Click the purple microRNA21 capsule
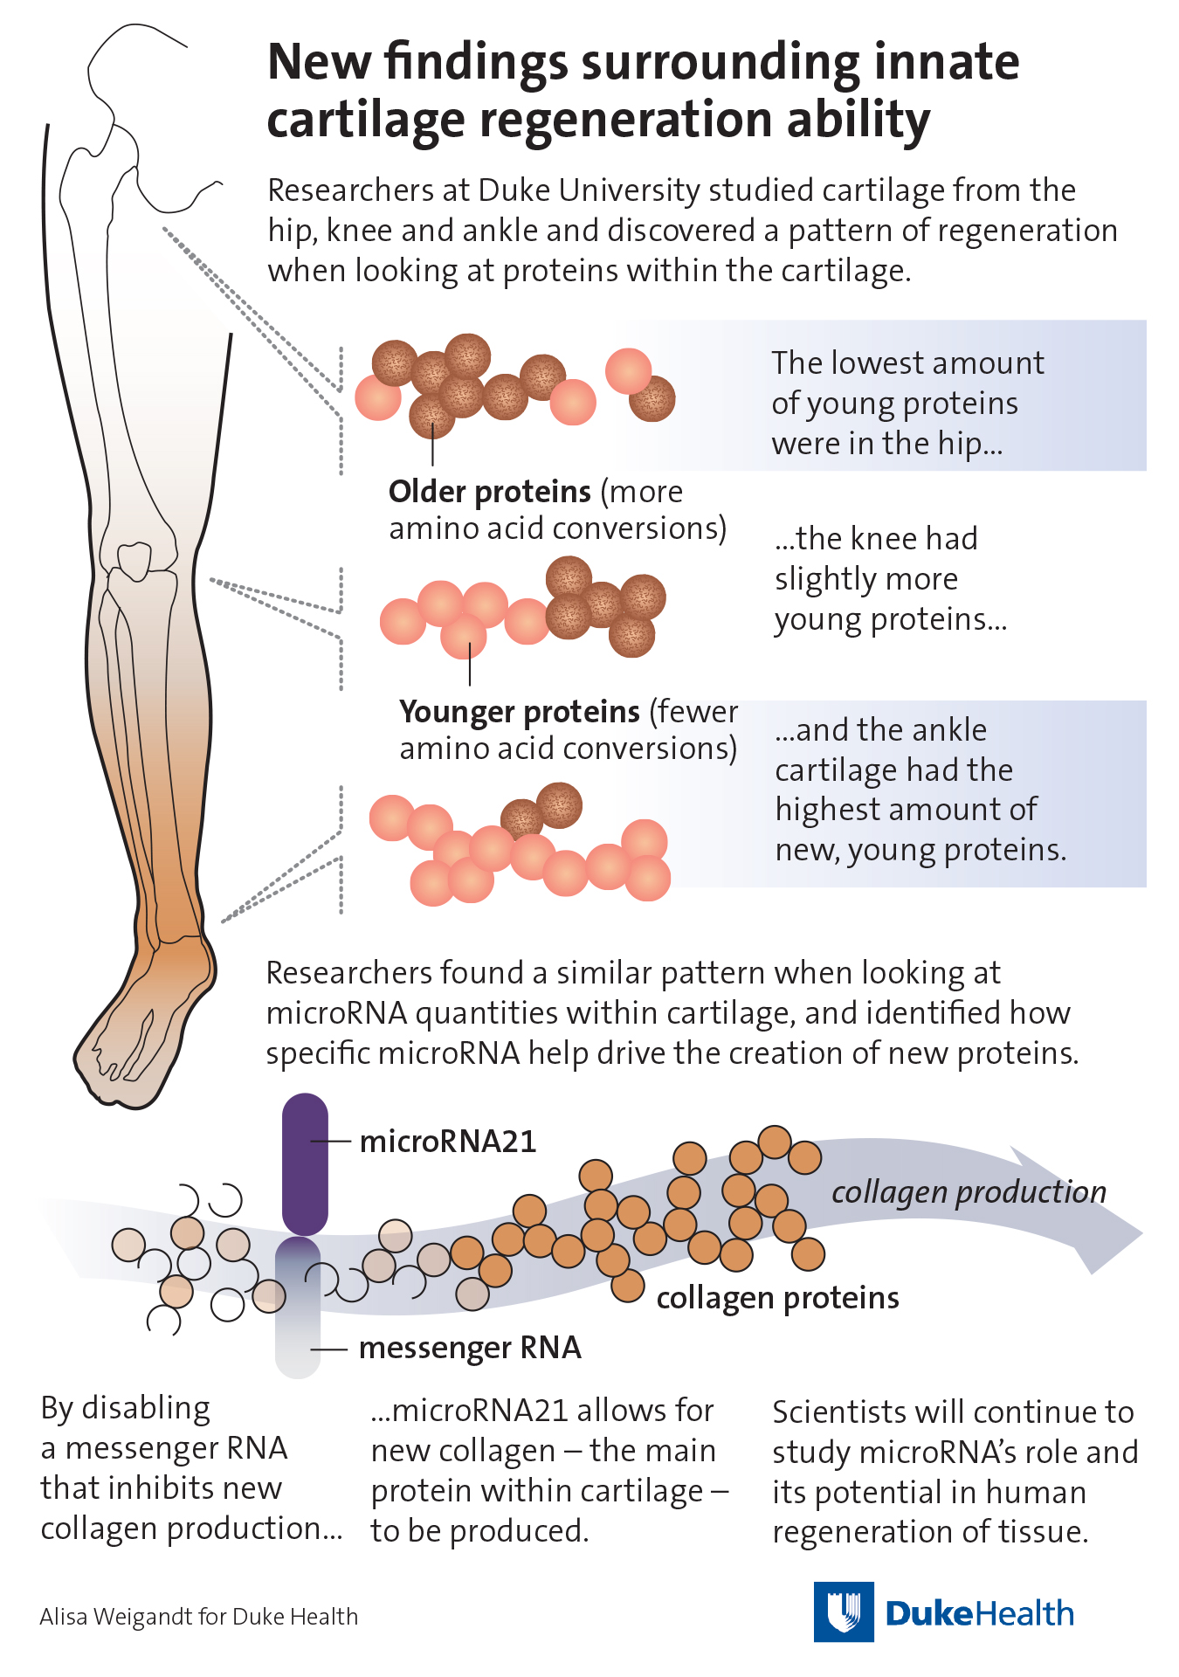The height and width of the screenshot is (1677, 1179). (x=305, y=1163)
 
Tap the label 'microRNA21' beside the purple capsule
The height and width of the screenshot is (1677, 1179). (x=448, y=1142)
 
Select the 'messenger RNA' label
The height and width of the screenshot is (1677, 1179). (x=470, y=1349)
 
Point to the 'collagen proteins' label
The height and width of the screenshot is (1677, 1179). (x=777, y=1299)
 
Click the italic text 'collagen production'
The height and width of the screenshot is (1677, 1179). (x=969, y=1192)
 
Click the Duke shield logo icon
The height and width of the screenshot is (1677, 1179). (x=844, y=1612)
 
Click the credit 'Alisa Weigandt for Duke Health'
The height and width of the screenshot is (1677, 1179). (x=199, y=1617)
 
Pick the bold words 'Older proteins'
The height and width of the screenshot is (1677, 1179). (x=490, y=492)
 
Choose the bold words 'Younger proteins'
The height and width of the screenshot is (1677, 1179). (x=520, y=712)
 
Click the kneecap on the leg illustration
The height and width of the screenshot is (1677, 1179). (x=134, y=562)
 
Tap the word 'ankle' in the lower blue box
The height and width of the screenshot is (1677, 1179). (x=943, y=730)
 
